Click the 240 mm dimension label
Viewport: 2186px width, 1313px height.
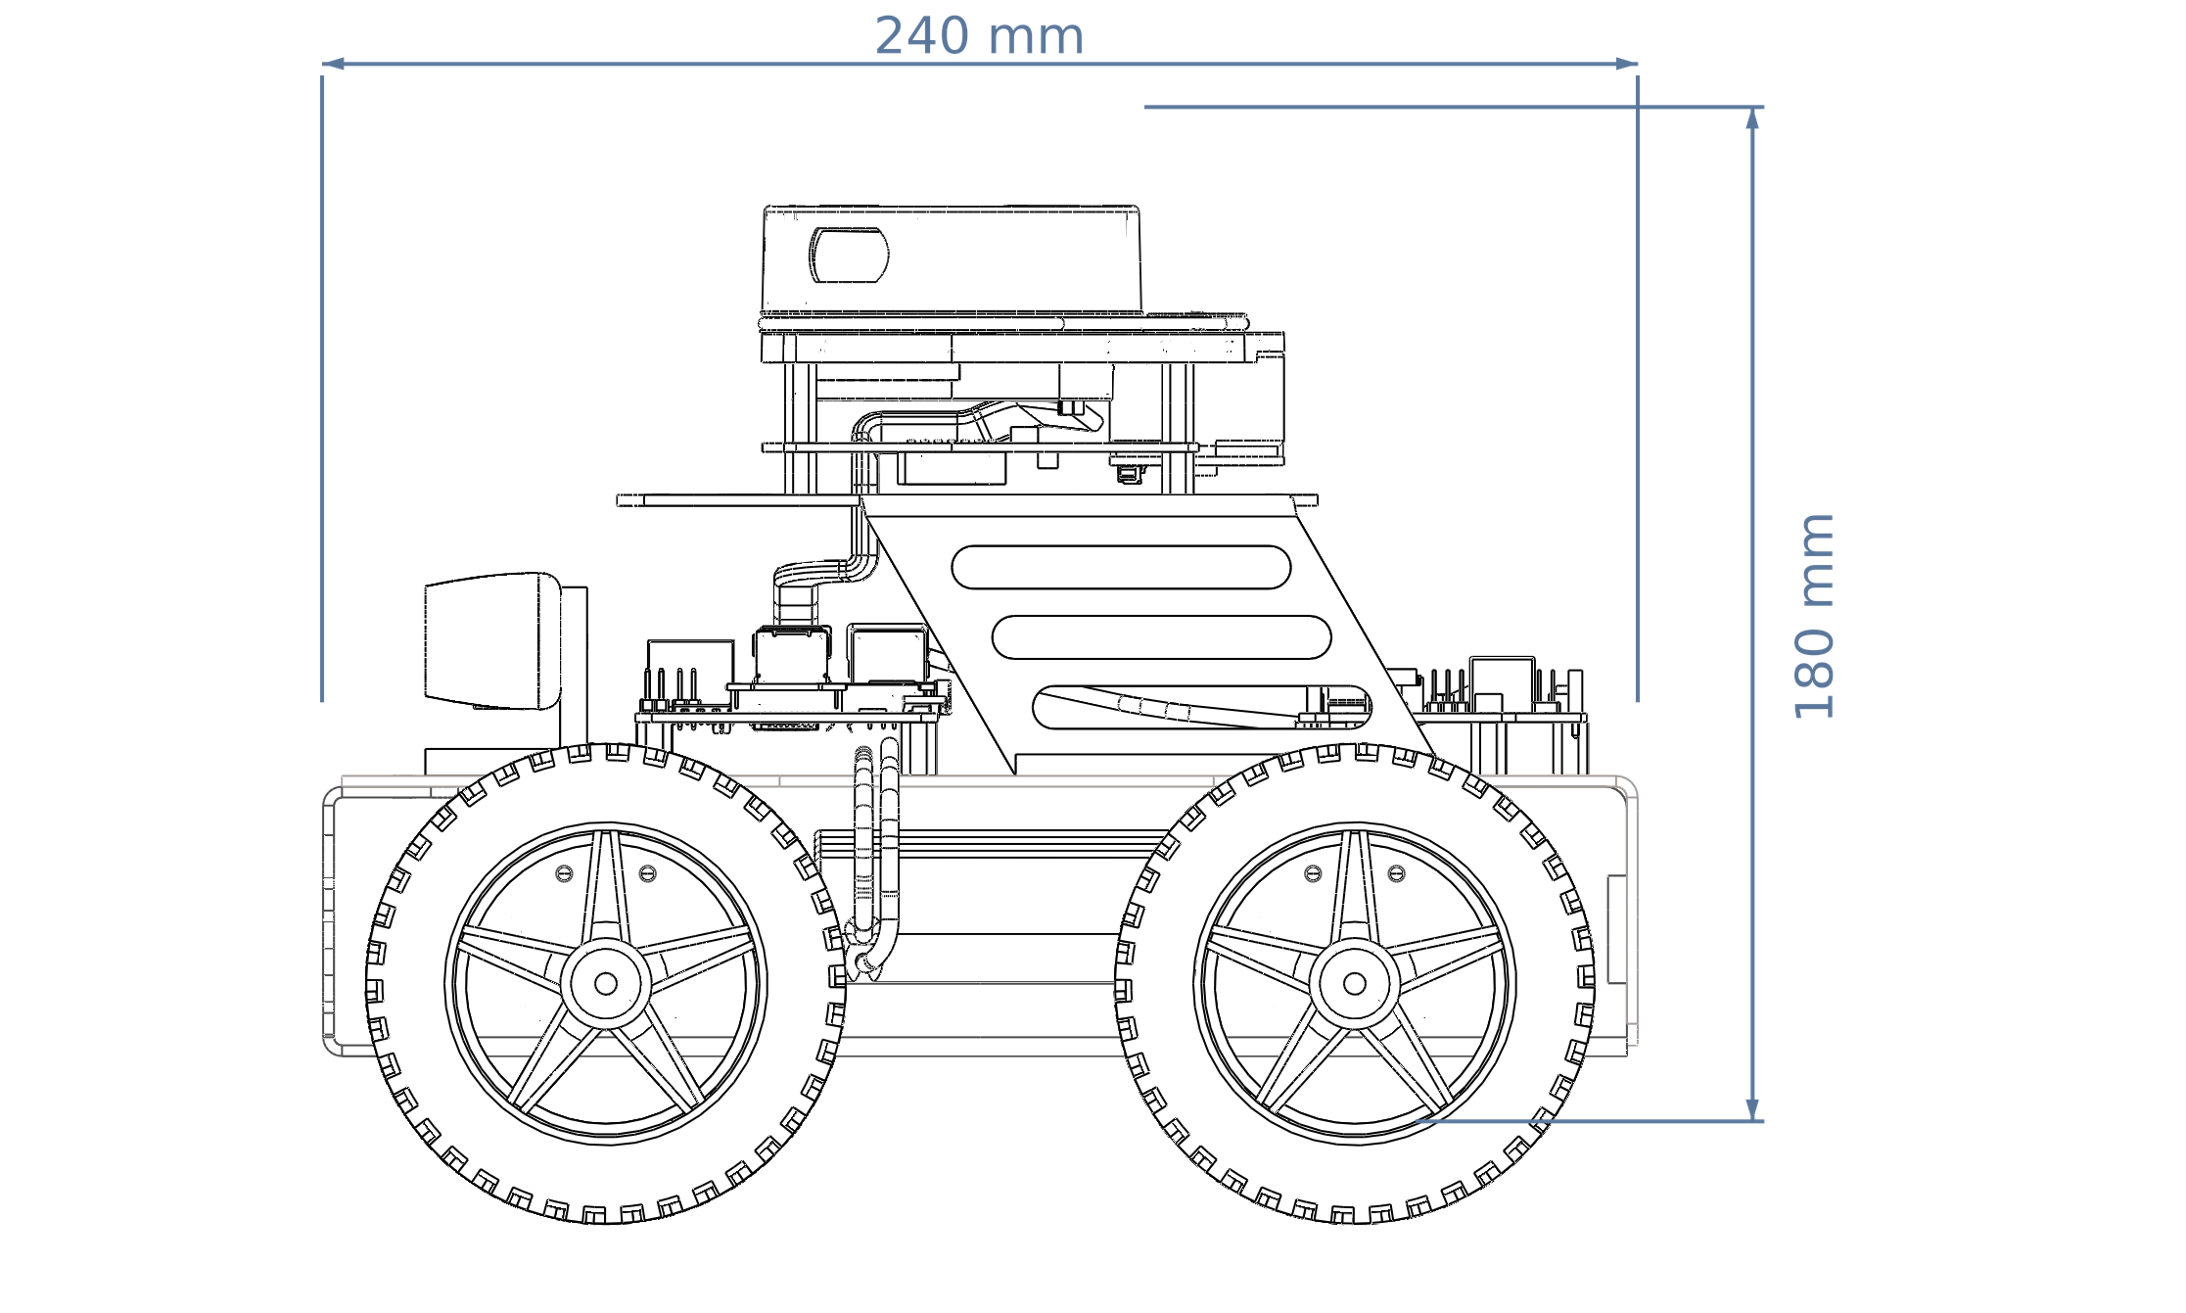point(979,36)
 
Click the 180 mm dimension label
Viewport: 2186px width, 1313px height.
point(1814,617)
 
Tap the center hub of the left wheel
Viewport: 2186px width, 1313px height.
point(606,984)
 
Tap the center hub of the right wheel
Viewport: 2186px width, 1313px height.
point(1355,984)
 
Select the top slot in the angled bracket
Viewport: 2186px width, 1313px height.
point(1121,567)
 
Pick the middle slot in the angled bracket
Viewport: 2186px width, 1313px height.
point(1161,637)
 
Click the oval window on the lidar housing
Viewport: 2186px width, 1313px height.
point(849,255)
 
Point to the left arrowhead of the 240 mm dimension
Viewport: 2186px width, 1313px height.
point(333,64)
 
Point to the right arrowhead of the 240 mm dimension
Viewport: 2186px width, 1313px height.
point(1626,64)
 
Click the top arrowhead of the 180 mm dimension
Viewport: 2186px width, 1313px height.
point(1752,117)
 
